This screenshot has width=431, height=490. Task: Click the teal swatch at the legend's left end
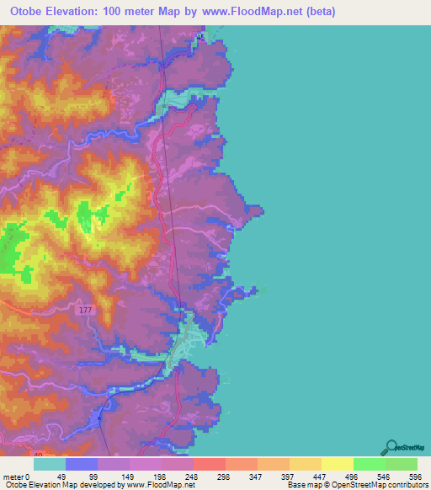point(50,464)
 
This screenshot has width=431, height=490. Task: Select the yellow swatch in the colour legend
point(337,464)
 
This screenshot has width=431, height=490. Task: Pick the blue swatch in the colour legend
point(82,464)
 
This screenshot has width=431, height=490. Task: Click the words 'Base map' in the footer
point(301,485)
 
